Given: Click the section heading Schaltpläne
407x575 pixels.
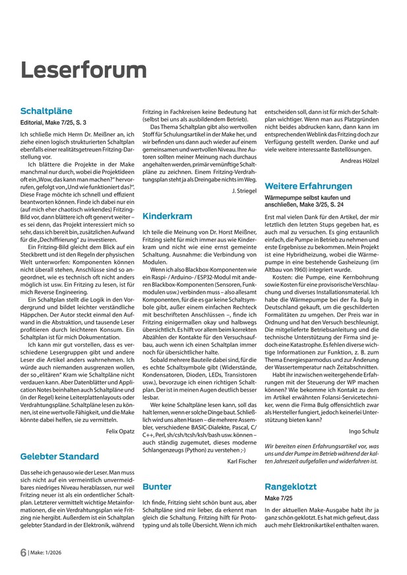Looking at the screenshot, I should point(46,111).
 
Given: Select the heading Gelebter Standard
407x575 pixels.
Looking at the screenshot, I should point(60,456).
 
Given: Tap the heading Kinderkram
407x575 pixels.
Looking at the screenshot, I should point(168,216).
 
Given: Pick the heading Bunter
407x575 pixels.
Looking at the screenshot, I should point(157,487).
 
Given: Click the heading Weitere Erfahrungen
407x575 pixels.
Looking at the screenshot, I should point(308,186).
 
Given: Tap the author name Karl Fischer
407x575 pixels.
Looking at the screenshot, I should point(241,460).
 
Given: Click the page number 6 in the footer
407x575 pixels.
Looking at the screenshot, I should point(23,553).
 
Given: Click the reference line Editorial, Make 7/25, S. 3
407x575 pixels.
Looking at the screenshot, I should point(53,123).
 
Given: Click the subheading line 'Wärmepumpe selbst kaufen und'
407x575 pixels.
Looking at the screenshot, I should point(307,197).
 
